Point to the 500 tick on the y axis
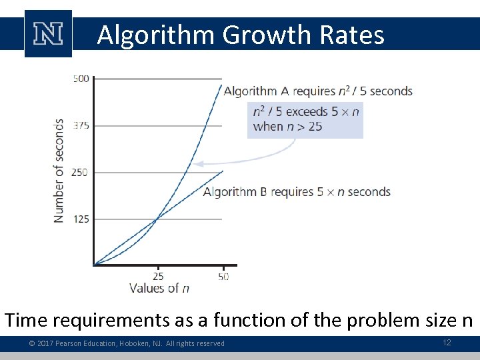pos(81,79)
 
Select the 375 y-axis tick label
pos(81,125)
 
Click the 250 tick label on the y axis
pos(81,172)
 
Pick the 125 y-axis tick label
pos(81,219)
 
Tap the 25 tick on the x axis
pos(158,275)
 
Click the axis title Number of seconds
pos(59,171)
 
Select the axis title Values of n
pos(159,288)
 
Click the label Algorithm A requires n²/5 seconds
pos(318,91)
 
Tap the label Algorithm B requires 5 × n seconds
pos(297,192)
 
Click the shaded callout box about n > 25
pos(305,119)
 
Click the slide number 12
pos(447,342)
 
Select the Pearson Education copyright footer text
pos(127,343)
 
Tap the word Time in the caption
pos(26,320)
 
